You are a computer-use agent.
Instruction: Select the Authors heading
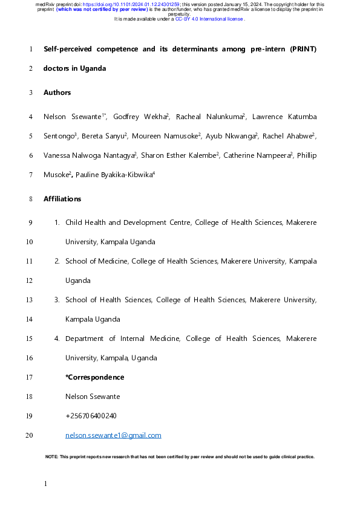pyautogui.click(x=57, y=92)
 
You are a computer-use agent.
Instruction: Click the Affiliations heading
pyautogui.click(x=62, y=199)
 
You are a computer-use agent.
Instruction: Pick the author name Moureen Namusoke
pyautogui.click(x=174, y=136)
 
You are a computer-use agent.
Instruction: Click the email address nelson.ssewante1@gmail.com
pyautogui.click(x=113, y=435)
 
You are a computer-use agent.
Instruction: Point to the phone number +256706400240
pyautogui.click(x=91, y=416)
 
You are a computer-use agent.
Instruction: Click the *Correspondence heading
pyautogui.click(x=94, y=377)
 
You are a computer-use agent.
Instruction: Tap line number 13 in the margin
pyautogui.click(x=30, y=300)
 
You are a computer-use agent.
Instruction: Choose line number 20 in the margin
pyautogui.click(x=30, y=435)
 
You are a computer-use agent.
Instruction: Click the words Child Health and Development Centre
pyautogui.click(x=128, y=223)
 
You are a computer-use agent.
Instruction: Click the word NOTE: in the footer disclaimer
pyautogui.click(x=51, y=456)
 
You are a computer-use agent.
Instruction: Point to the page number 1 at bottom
pyautogui.click(x=45, y=484)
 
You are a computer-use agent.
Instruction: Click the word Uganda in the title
pyautogui.click(x=93, y=68)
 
